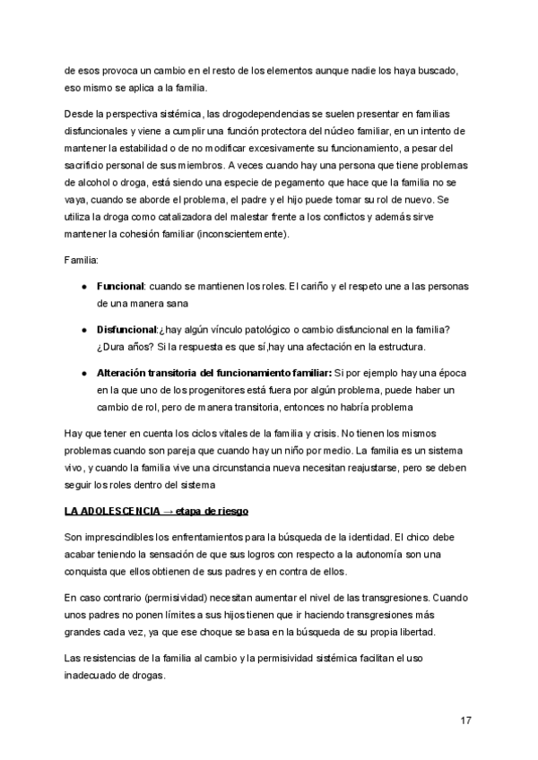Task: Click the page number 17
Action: coord(465,721)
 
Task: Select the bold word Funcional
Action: coord(120,287)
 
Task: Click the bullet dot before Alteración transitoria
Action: coord(83,373)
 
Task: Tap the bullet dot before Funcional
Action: coord(83,287)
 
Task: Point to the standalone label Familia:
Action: coord(82,259)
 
